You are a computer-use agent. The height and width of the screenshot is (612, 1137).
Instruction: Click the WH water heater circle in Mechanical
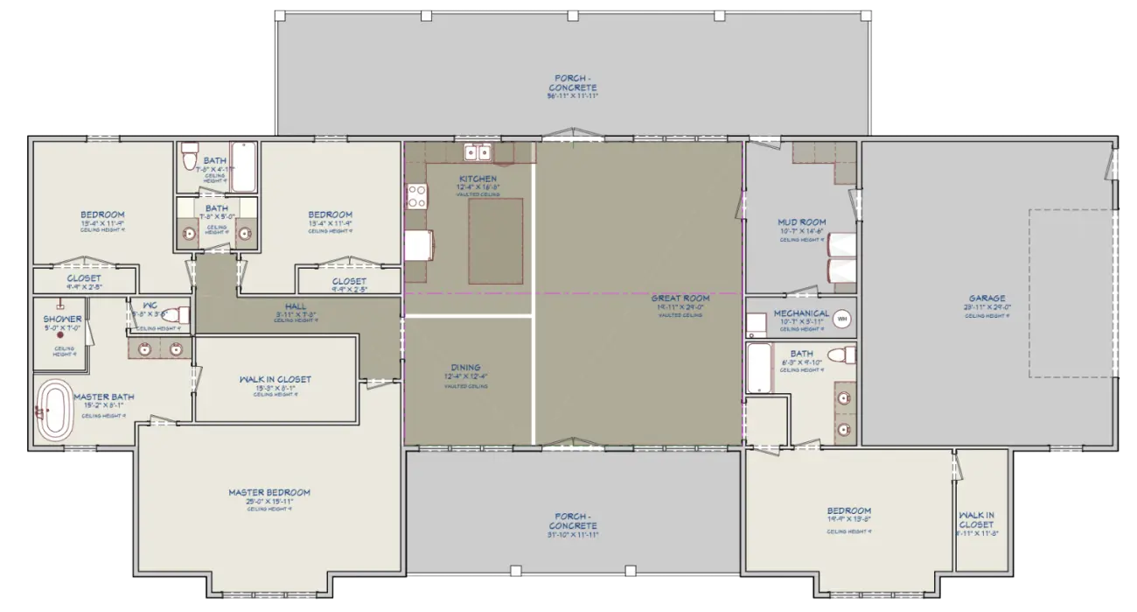(x=842, y=320)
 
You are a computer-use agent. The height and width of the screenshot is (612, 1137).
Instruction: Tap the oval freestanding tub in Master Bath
(x=57, y=410)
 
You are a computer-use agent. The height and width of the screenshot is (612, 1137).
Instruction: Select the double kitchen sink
(x=477, y=153)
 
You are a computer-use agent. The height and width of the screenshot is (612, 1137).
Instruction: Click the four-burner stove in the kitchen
(x=415, y=195)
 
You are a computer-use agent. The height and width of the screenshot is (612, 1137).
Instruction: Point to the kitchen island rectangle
(x=496, y=240)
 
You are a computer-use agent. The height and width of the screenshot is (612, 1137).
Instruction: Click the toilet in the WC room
(x=178, y=314)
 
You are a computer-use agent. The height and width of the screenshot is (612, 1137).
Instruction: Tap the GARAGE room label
(x=987, y=299)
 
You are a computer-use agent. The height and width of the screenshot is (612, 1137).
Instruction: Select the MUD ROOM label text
(x=801, y=222)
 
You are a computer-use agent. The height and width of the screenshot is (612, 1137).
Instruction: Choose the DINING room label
(x=465, y=368)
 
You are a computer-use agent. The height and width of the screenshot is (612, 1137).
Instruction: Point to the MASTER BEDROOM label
(x=269, y=493)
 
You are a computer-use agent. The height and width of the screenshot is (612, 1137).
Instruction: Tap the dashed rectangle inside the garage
(x=1073, y=293)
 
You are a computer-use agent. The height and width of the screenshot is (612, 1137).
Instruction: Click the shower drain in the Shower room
(x=61, y=335)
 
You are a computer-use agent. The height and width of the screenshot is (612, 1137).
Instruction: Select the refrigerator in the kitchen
(x=419, y=246)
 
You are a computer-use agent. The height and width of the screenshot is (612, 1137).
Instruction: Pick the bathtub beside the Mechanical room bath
(x=758, y=368)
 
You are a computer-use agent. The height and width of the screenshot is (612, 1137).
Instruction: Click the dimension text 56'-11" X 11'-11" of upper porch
(x=573, y=97)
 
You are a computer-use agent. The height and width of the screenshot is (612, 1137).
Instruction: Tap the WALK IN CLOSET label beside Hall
(x=275, y=379)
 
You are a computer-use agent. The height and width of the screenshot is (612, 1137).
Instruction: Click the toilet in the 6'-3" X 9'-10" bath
(x=841, y=355)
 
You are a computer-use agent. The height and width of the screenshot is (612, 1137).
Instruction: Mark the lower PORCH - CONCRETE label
(x=574, y=520)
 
